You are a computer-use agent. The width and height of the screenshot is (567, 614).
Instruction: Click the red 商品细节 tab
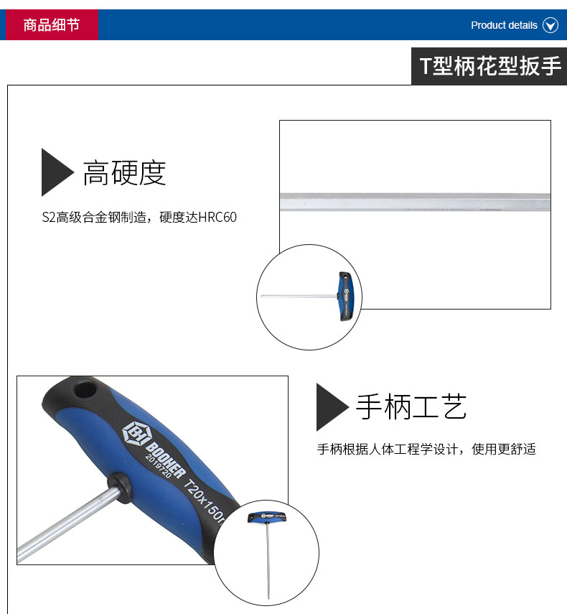click(x=52, y=24)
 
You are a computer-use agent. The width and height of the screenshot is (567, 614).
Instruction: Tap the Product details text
click(x=504, y=25)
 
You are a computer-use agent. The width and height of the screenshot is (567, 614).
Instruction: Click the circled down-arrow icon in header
click(x=550, y=25)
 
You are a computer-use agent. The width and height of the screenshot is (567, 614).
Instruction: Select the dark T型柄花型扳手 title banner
click(x=489, y=66)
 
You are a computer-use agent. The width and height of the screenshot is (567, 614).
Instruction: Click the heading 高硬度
click(x=124, y=172)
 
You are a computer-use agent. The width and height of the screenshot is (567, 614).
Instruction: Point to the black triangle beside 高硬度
click(x=57, y=172)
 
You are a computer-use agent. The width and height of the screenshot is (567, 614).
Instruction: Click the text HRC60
click(x=217, y=217)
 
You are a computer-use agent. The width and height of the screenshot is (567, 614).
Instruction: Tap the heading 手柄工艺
click(x=411, y=407)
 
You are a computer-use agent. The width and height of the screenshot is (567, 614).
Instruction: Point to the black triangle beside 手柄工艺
click(x=332, y=407)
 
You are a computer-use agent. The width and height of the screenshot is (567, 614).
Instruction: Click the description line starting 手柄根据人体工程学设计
click(x=426, y=449)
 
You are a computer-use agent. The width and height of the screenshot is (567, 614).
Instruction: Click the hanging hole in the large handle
click(x=85, y=389)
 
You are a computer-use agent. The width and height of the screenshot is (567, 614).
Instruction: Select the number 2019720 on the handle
click(x=158, y=466)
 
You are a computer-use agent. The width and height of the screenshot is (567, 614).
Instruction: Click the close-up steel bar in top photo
click(x=415, y=202)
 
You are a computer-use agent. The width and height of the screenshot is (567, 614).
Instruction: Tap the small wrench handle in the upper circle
click(x=346, y=297)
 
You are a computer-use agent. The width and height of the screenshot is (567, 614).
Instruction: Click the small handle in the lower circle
click(x=267, y=518)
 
